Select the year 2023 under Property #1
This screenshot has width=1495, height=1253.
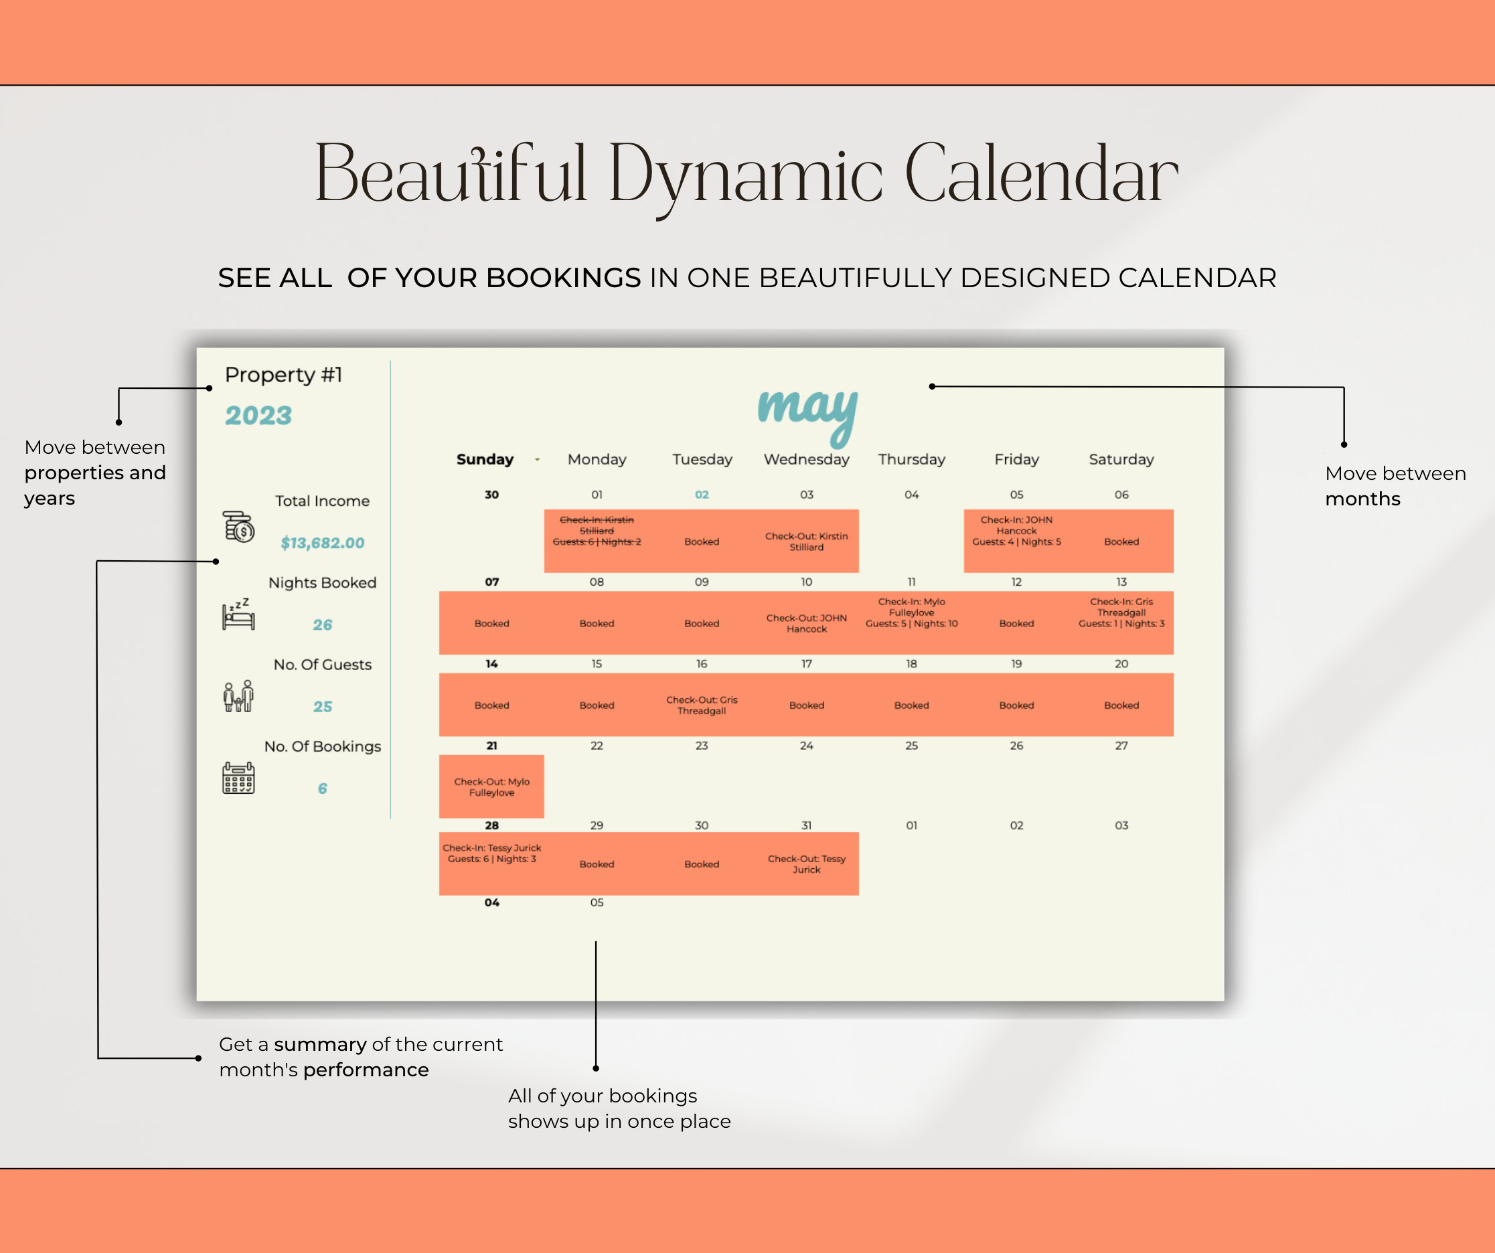tap(258, 416)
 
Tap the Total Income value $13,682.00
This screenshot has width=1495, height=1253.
tap(323, 543)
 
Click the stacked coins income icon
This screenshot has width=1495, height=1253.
tap(238, 527)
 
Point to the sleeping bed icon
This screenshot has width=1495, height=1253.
tap(238, 613)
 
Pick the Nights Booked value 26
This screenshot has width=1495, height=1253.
tap(323, 624)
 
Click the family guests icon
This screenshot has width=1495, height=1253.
tap(238, 696)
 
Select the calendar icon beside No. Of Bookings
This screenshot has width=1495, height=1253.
tap(238, 778)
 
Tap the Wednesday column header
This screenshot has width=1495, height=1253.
tap(807, 459)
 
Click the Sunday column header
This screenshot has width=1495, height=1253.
tap(485, 459)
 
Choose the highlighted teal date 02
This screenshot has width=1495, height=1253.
tap(702, 495)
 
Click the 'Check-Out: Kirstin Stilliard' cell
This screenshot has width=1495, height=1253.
tap(807, 541)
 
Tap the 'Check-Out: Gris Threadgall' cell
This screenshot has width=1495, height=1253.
tap(702, 705)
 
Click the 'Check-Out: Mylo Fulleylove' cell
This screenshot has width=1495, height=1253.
tap(492, 787)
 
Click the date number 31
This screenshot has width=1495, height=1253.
tap(807, 825)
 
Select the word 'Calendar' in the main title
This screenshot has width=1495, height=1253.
tap(1042, 173)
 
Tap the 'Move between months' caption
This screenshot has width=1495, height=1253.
tap(1395, 486)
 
